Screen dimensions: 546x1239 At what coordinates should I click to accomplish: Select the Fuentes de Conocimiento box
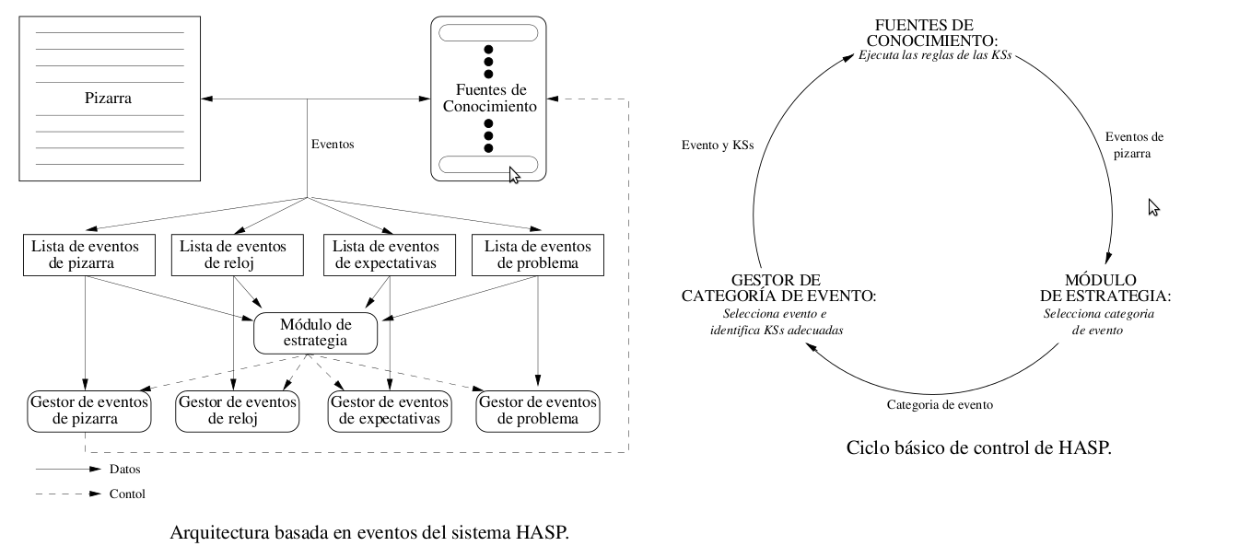(488, 99)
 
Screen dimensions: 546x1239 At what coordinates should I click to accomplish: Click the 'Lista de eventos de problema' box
(537, 255)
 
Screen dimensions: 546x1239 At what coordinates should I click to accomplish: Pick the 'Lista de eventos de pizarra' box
(85, 255)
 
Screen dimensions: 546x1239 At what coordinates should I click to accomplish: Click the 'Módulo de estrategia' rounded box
(316, 332)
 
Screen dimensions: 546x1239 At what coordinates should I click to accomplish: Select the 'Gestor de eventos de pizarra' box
(88, 411)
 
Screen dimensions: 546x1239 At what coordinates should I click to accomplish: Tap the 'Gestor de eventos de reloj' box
(237, 411)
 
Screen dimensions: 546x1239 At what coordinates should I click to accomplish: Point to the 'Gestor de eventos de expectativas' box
(390, 411)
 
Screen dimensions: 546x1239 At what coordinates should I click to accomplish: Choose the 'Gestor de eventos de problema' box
(537, 411)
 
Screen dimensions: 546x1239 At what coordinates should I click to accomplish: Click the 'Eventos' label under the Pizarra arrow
(333, 145)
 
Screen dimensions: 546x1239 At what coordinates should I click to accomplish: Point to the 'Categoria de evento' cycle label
(940, 404)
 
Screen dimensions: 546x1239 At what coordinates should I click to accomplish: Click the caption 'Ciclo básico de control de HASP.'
(978, 448)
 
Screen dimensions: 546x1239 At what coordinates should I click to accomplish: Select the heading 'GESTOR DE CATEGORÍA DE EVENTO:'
(778, 287)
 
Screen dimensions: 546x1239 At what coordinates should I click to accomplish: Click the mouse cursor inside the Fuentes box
(514, 175)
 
